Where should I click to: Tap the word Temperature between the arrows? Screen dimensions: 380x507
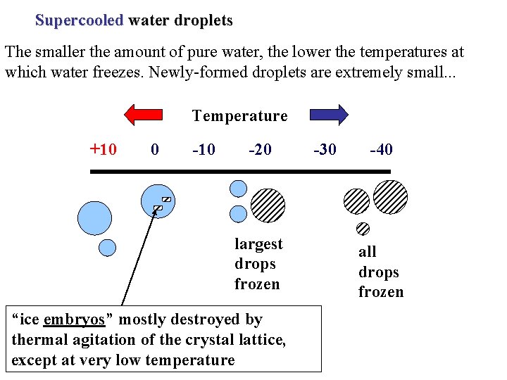(x=239, y=115)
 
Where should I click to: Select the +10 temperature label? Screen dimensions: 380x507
(x=103, y=149)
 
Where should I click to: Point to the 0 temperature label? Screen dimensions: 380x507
(x=155, y=150)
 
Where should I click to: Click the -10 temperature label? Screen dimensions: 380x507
(x=204, y=150)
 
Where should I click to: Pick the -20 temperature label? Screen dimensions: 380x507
(x=260, y=150)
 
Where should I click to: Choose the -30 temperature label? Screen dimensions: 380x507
(x=325, y=150)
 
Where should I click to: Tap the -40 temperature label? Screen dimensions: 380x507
(x=380, y=150)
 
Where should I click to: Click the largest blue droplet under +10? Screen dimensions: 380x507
(x=94, y=217)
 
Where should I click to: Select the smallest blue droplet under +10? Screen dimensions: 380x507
(x=107, y=247)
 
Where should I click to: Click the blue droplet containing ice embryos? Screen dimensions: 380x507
(x=156, y=201)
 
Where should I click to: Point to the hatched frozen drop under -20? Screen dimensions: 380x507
(x=268, y=205)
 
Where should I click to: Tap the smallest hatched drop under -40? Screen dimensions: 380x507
(x=363, y=228)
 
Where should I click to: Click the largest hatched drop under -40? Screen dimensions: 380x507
(x=390, y=197)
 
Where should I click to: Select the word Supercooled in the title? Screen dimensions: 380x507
(x=79, y=20)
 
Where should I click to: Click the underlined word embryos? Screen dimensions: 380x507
(x=74, y=319)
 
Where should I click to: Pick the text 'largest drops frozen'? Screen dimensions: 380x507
(x=258, y=264)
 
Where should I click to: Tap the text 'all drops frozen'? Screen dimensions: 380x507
(x=380, y=272)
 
